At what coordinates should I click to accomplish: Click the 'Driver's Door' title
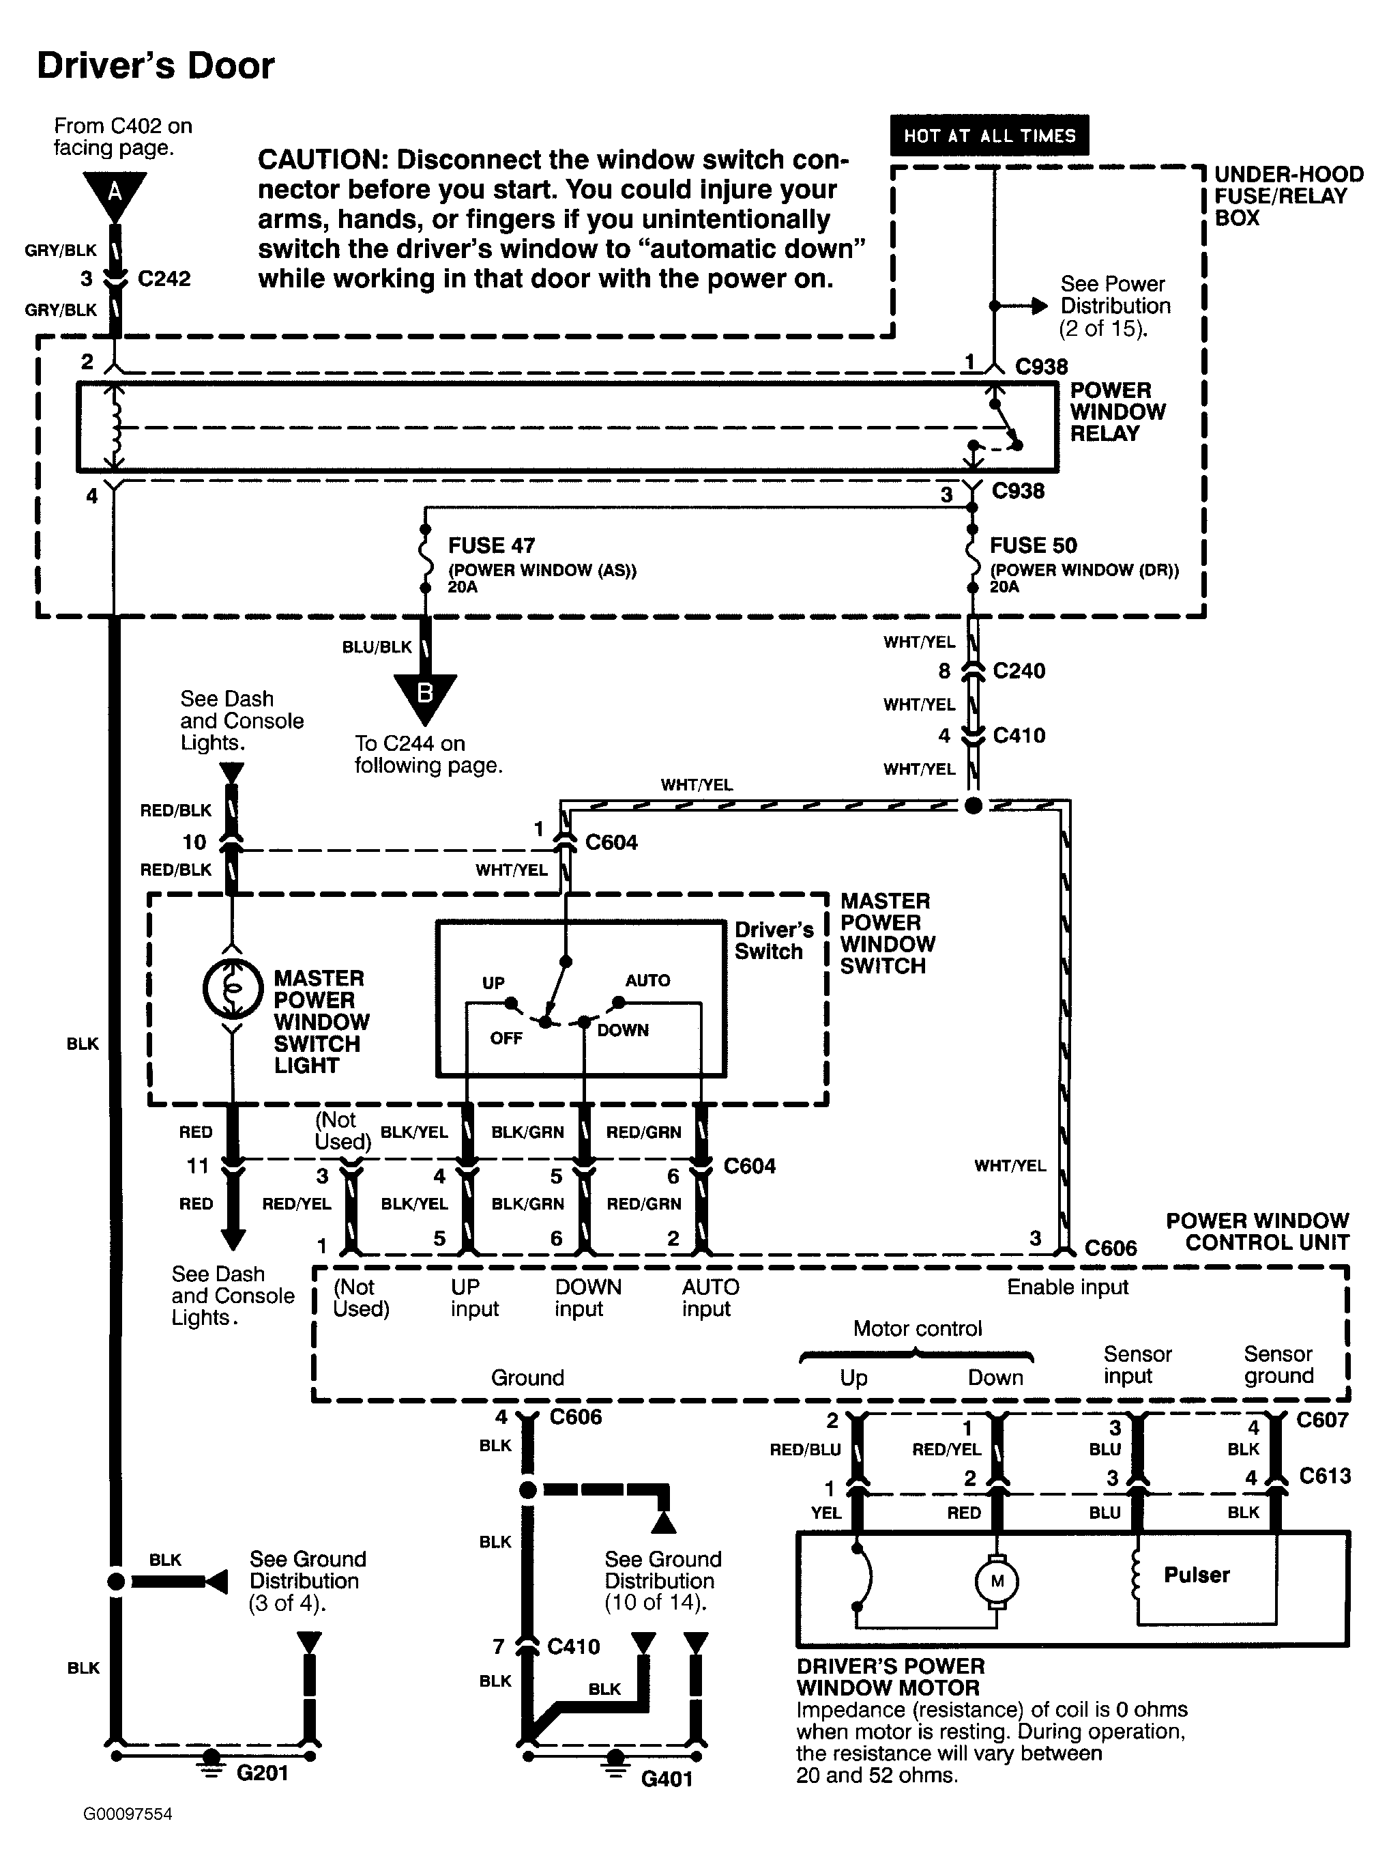(x=156, y=66)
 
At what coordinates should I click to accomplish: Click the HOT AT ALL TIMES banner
(x=990, y=135)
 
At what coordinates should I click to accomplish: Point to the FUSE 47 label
(x=492, y=545)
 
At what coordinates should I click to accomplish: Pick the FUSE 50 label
(x=1034, y=545)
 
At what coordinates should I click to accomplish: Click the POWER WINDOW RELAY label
(x=1117, y=412)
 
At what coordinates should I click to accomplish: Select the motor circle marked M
(x=997, y=1581)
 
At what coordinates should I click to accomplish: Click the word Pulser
(x=1197, y=1575)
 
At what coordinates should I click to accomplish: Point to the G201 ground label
(x=263, y=1773)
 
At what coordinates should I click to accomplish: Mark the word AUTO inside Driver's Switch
(x=647, y=980)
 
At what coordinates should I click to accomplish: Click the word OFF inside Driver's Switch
(x=506, y=1038)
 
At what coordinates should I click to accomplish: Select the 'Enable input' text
(x=1068, y=1287)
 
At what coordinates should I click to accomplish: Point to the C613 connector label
(x=1325, y=1476)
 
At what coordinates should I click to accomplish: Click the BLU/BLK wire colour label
(x=377, y=647)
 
